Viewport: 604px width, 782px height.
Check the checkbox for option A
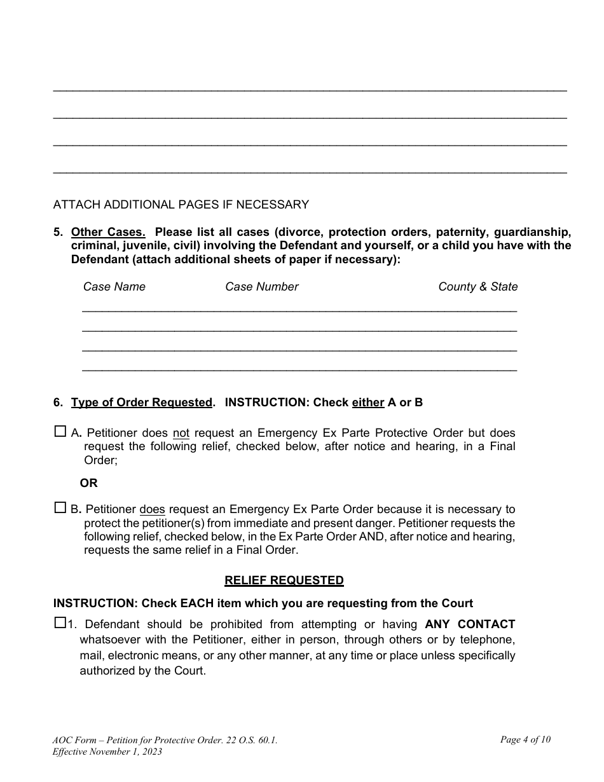point(60,432)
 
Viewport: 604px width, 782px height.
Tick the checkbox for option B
point(60,508)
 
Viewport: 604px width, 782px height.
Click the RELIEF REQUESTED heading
point(284,580)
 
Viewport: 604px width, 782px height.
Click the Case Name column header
point(114,287)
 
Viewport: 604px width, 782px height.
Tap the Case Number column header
point(261,287)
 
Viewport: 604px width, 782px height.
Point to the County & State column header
point(477,287)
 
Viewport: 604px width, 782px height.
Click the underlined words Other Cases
point(108,232)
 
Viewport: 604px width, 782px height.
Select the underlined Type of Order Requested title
point(141,402)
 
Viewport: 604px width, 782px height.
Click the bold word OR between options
point(89,483)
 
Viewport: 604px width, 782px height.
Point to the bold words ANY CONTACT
point(470,624)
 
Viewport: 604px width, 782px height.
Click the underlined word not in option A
point(181,434)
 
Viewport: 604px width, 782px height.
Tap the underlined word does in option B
point(152,510)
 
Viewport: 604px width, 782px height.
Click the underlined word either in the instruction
point(368,402)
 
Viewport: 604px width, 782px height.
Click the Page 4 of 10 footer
point(525,739)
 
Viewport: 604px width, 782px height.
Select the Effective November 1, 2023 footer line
point(107,751)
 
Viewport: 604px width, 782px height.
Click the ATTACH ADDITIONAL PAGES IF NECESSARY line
point(181,205)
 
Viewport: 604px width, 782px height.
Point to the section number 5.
point(58,232)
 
